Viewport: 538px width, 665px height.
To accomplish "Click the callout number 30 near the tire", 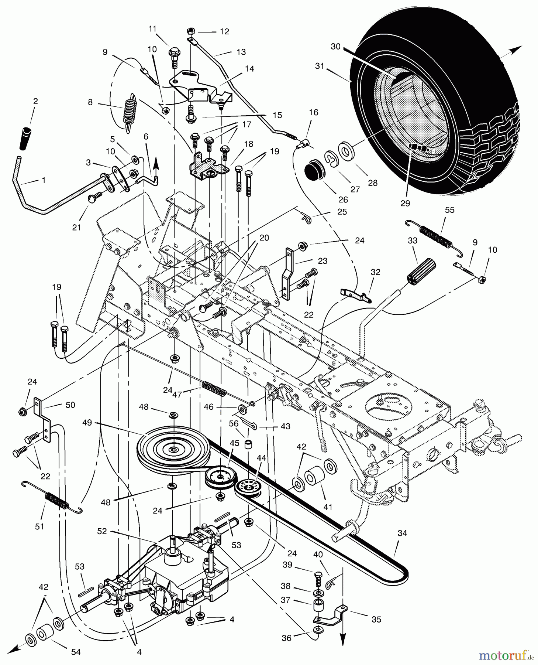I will [335, 47].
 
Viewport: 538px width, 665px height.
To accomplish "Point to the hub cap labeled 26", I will [314, 171].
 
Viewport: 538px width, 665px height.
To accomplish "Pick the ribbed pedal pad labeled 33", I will [421, 271].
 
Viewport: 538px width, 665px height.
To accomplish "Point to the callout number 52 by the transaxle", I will [102, 531].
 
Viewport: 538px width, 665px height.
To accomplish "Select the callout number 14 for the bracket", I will [249, 69].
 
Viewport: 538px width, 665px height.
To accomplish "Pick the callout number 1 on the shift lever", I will [44, 180].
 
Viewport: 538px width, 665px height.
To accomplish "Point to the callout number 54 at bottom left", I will [76, 652].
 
